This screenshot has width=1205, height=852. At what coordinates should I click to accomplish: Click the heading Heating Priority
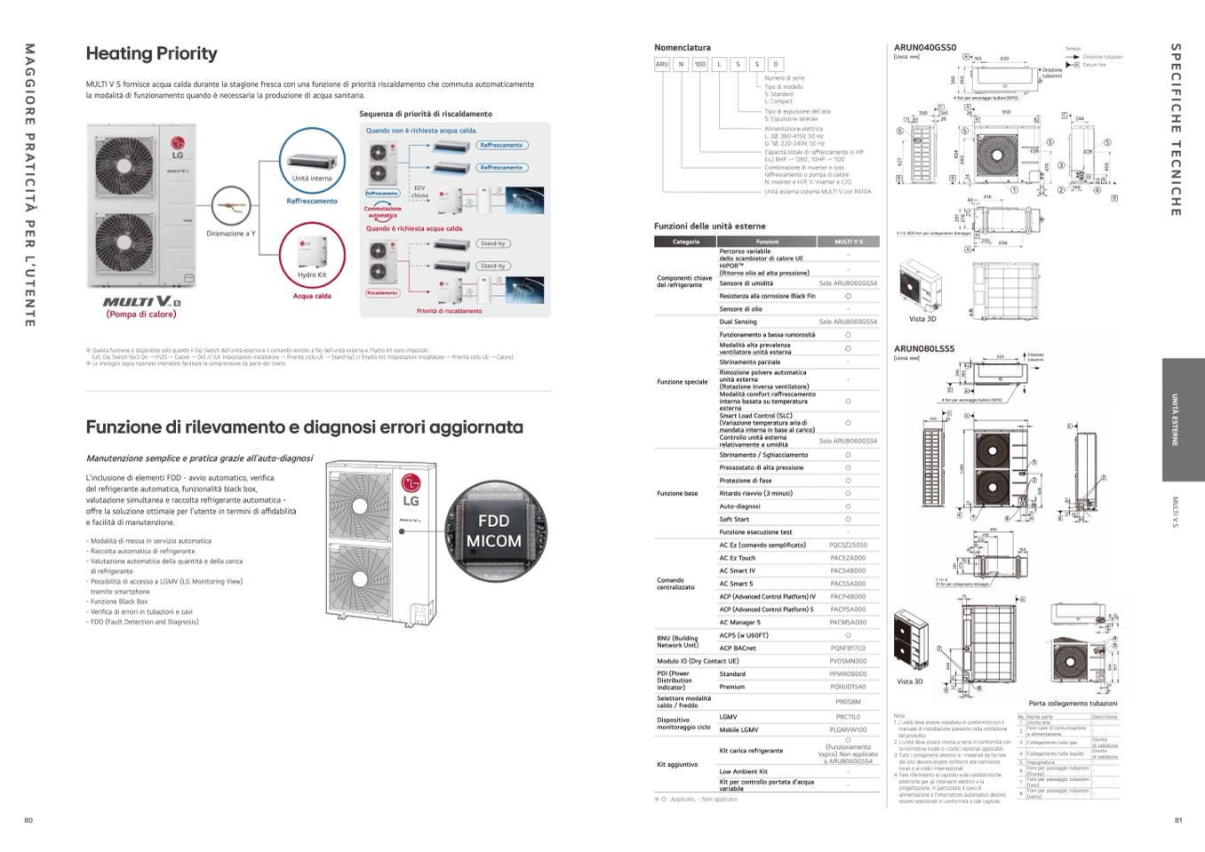(x=151, y=53)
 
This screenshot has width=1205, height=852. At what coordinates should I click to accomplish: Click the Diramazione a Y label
(x=231, y=234)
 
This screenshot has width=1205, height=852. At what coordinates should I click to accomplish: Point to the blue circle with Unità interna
(x=312, y=160)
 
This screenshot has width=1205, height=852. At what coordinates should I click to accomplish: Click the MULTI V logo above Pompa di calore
(x=141, y=302)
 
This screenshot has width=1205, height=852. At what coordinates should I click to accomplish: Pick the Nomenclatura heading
(x=682, y=47)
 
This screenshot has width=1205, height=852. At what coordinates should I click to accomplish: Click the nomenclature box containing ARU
(x=662, y=65)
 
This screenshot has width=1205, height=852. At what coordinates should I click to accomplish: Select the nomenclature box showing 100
(x=700, y=65)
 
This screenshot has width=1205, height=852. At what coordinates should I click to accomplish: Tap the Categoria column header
(x=686, y=242)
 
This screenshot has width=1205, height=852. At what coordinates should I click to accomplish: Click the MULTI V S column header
(x=848, y=242)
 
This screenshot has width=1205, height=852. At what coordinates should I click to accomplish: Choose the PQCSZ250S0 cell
(x=848, y=545)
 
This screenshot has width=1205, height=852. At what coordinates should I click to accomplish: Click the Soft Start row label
(x=734, y=520)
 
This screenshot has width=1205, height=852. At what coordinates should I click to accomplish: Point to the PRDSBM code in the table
(x=848, y=702)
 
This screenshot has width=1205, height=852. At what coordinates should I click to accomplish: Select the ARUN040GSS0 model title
(x=925, y=47)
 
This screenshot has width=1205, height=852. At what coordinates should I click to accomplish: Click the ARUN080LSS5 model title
(x=924, y=349)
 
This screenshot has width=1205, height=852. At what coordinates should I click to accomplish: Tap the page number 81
(x=1178, y=820)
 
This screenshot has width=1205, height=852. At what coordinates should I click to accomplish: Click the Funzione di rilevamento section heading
(x=304, y=427)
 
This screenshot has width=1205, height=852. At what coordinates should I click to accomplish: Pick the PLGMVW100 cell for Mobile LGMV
(x=848, y=729)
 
